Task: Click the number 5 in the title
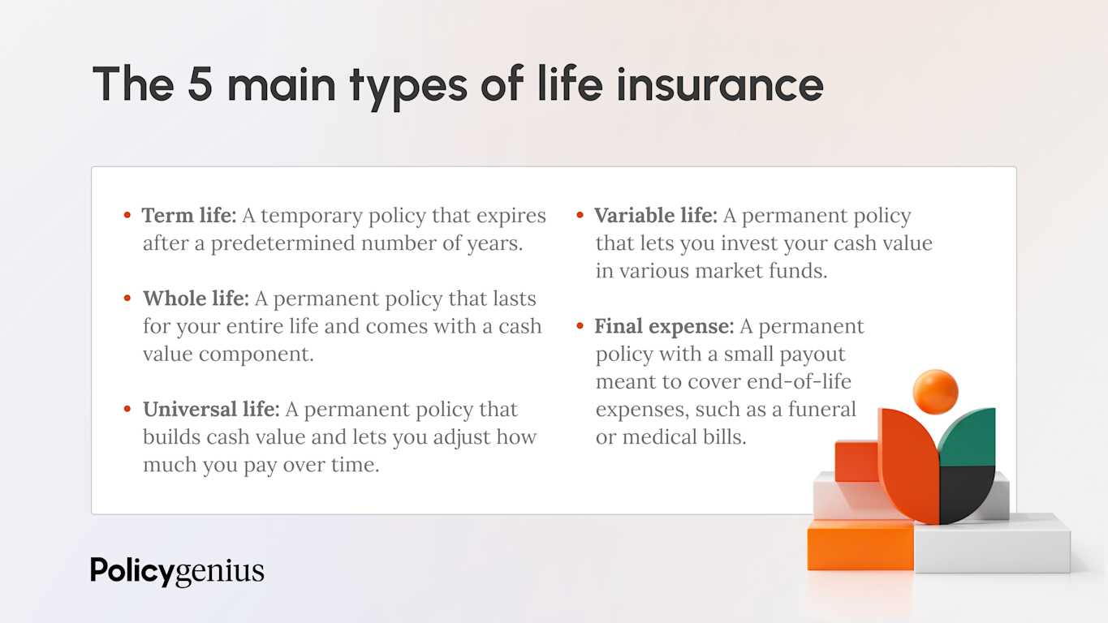[200, 84]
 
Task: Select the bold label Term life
[188, 216]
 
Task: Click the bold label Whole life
[195, 299]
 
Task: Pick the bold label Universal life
[211, 410]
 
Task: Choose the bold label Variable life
[655, 216]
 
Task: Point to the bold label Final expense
[663, 326]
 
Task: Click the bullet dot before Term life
[127, 216]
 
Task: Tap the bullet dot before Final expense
[580, 326]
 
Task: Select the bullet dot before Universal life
[127, 410]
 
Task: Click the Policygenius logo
[177, 571]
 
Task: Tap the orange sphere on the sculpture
[935, 391]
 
